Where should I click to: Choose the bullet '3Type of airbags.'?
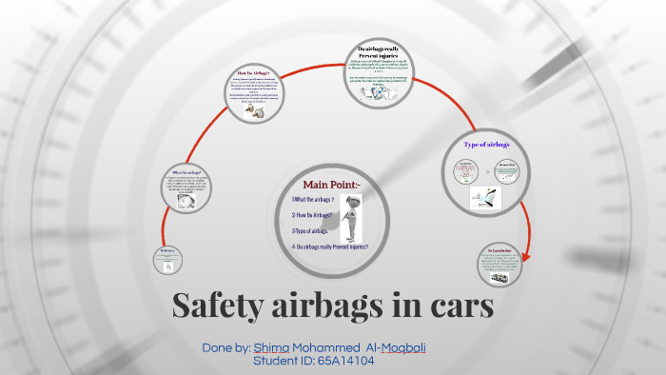(310, 230)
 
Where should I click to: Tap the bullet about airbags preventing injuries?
(330, 247)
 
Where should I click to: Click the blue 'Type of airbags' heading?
(487, 145)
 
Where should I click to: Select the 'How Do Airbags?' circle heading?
(253, 73)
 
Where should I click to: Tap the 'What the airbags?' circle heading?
(188, 172)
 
